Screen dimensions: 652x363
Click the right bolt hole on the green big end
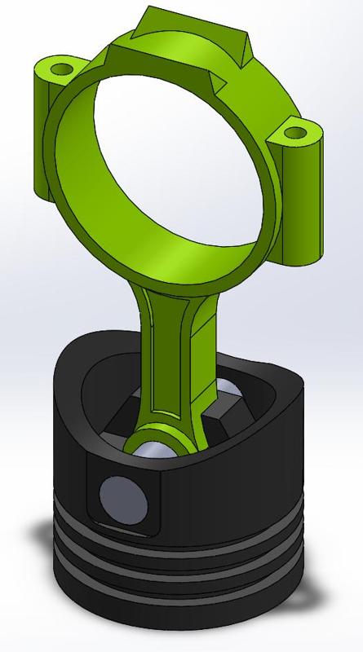tap(295, 129)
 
